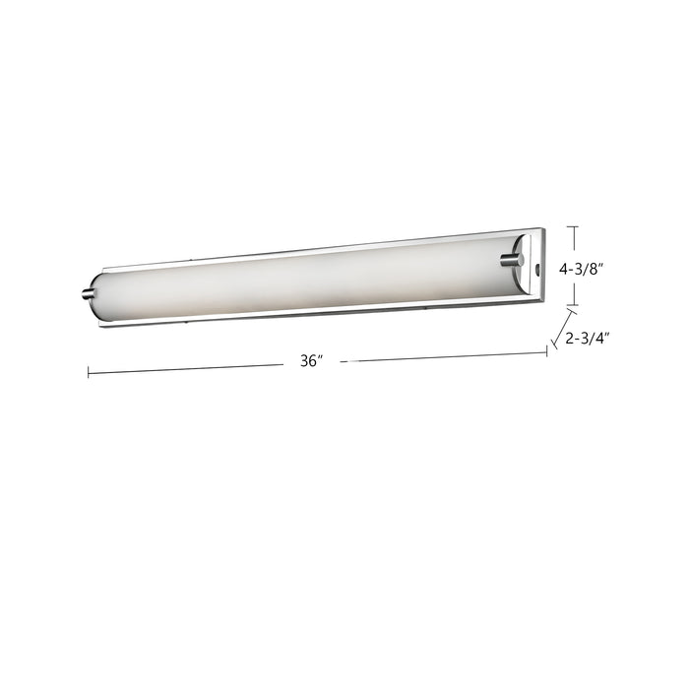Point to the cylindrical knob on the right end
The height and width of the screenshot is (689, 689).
511,260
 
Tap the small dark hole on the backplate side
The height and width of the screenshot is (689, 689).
536,268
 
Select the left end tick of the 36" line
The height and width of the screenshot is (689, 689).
89,372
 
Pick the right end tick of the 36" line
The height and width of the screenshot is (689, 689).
546,351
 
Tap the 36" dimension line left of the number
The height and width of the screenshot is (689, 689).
187,368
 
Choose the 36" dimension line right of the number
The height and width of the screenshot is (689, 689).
443,356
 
